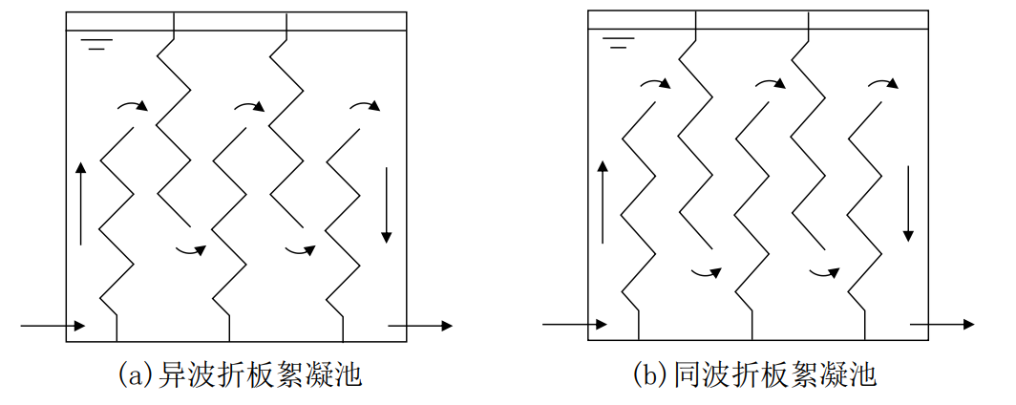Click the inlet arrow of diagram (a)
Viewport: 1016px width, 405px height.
click(53, 326)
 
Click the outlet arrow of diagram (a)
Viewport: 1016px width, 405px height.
click(420, 326)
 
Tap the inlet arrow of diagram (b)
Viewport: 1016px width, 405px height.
click(574, 325)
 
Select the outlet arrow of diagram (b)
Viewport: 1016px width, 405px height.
click(942, 325)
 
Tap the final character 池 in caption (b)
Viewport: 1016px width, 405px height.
click(864, 374)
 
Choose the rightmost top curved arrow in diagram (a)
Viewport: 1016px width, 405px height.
click(366, 104)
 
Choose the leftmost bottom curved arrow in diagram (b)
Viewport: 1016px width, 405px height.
click(708, 272)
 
